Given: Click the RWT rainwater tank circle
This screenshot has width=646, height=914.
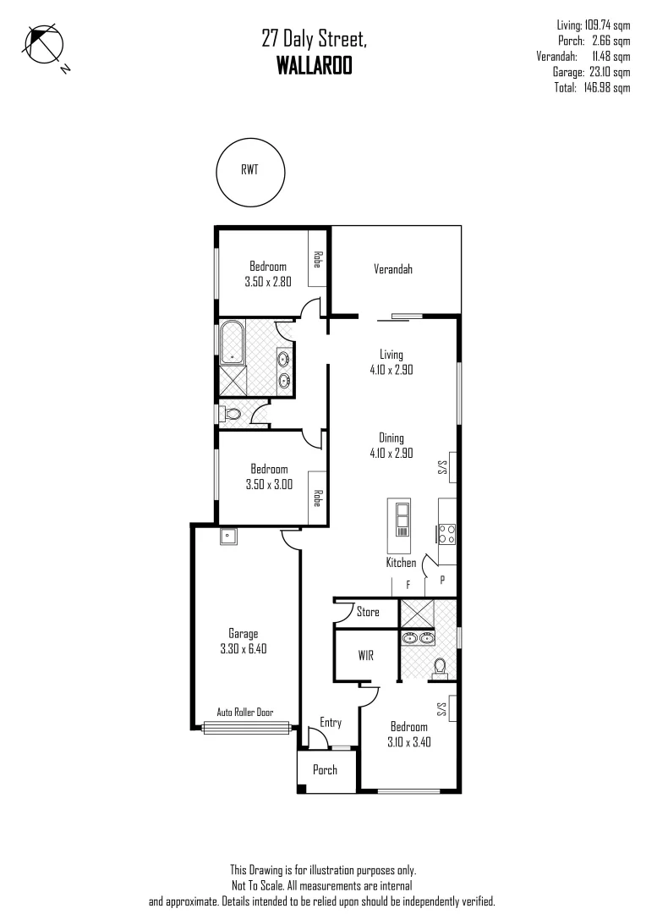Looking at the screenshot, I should (249, 173).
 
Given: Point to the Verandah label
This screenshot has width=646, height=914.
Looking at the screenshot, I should (393, 270).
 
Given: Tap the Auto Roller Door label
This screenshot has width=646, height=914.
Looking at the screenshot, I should (245, 713).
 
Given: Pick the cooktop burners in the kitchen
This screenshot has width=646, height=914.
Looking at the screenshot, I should (446, 533).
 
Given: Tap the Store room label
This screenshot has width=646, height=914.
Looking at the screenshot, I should (368, 612).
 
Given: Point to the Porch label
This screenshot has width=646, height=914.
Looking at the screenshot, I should (325, 770).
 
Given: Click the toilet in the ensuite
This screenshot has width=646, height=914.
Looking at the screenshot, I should (439, 668).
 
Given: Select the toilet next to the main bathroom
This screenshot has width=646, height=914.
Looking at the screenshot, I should (233, 415).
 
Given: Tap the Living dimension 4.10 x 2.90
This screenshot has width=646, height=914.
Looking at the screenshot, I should (391, 370).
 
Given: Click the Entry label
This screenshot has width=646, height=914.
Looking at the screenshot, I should (331, 723).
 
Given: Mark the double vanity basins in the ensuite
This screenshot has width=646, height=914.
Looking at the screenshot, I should (420, 637).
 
